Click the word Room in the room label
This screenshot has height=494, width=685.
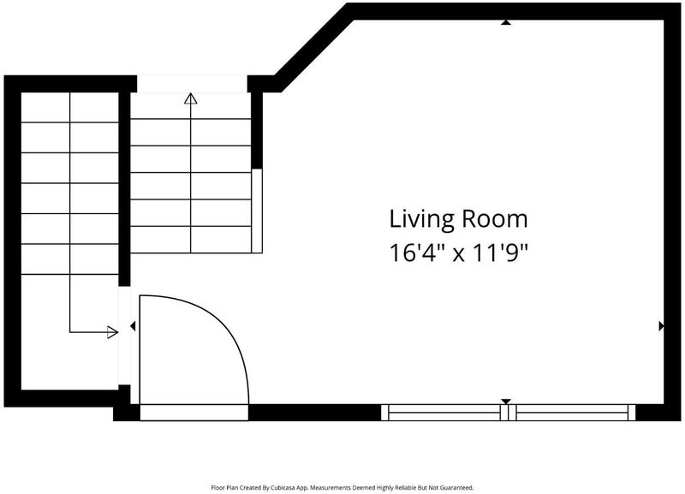[495, 219]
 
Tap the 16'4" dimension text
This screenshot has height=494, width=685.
[413, 253]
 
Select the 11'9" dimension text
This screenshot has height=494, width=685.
[501, 253]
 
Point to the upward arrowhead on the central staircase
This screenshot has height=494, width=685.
[190, 98]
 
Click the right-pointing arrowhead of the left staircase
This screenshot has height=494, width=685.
[113, 332]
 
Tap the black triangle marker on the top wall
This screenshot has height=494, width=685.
[506, 22]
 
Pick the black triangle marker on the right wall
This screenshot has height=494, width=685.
[661, 326]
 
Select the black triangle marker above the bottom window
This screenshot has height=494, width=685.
[506, 402]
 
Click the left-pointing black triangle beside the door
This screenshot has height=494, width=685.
[133, 326]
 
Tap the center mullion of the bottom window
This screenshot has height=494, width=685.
[508, 413]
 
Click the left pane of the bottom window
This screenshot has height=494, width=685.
[444, 413]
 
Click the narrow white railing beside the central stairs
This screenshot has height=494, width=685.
[257, 211]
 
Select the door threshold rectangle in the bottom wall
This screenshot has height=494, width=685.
[194, 413]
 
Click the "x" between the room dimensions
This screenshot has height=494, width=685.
[458, 254]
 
